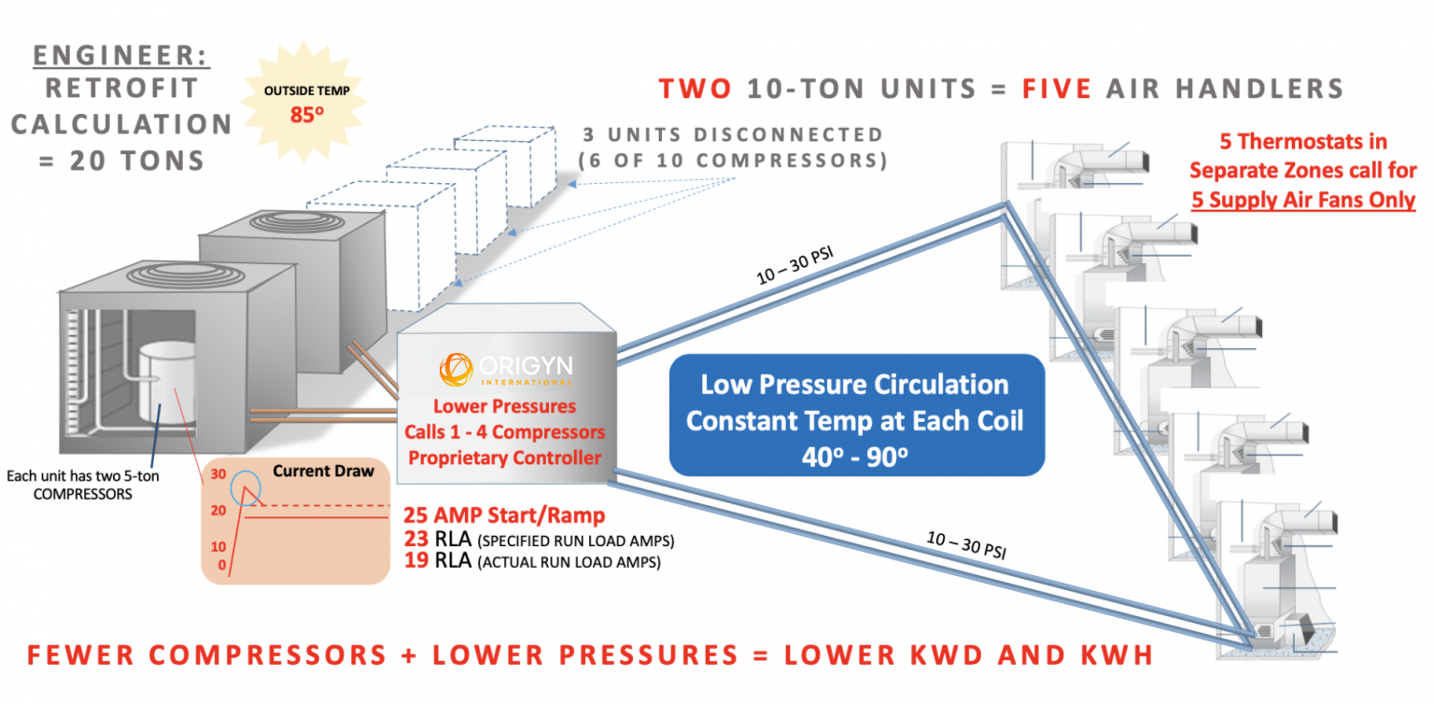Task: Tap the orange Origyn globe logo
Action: (x=457, y=368)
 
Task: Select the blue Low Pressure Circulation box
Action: (x=854, y=415)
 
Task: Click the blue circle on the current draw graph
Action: (x=246, y=488)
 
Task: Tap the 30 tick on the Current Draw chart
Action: (x=219, y=474)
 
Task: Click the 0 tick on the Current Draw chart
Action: (x=220, y=565)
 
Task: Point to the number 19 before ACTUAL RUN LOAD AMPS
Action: (x=417, y=560)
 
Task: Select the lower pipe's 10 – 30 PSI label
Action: (x=968, y=544)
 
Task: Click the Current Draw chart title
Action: (x=323, y=472)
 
